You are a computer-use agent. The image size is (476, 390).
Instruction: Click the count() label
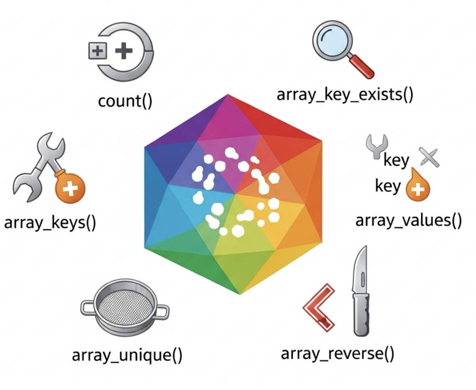pos(125,101)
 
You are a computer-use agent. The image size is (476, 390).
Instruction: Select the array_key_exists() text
pos(345,94)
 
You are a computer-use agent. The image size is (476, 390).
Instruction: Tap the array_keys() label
pos(50,223)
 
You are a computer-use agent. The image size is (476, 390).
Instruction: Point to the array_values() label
pos(408,220)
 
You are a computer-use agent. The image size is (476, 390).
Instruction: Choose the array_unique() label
pos(127,355)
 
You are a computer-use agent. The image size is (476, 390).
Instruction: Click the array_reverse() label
pos(338,353)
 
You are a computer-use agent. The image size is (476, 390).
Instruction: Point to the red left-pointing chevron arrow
pos(319,307)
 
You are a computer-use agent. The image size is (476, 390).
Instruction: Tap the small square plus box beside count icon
pos(97,51)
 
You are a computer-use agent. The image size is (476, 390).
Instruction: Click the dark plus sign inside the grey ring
pos(124,51)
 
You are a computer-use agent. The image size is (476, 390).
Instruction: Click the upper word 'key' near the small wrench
pos(396,160)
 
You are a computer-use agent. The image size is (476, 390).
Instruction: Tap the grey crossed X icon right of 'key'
pos(429,157)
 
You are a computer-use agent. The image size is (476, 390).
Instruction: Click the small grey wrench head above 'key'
pos(377,144)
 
